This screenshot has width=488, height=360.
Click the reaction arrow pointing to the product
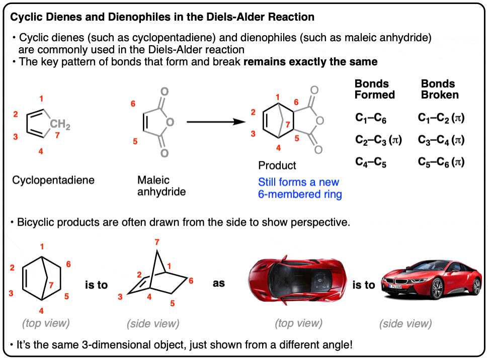[x=216, y=122]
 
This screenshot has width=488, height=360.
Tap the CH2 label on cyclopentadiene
[x=60, y=124]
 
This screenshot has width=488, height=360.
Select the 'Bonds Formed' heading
[x=375, y=89]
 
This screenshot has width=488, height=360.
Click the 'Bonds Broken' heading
[x=440, y=89]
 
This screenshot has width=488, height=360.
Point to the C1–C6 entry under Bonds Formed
[x=371, y=118]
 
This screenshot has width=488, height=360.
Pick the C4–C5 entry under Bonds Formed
[x=371, y=162]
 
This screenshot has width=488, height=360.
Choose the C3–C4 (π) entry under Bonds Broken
[x=441, y=140]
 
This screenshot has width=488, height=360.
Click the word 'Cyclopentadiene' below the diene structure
[x=53, y=180]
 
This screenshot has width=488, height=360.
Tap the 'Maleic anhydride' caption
[x=161, y=186]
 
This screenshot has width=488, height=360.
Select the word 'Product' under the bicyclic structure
[x=277, y=165]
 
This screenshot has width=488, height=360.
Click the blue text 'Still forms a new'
[x=298, y=182]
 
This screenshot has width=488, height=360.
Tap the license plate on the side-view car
[x=395, y=286]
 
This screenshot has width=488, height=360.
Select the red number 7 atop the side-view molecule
[x=157, y=242]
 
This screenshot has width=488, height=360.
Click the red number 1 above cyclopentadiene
[x=41, y=99]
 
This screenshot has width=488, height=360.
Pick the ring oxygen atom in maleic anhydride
[x=170, y=122]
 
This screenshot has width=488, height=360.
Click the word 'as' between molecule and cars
[x=218, y=283]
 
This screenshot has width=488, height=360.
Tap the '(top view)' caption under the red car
[x=298, y=323]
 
